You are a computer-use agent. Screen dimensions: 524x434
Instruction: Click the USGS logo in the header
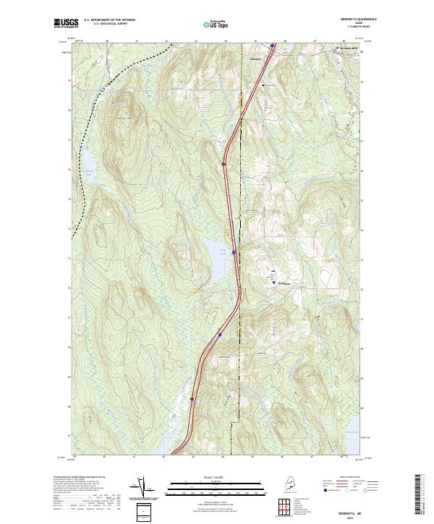tap(66, 23)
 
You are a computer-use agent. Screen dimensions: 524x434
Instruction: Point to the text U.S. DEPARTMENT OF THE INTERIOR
tap(109, 20)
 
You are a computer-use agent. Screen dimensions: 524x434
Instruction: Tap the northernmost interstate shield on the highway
tap(272, 46)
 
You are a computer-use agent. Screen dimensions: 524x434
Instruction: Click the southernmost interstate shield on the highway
tap(192, 398)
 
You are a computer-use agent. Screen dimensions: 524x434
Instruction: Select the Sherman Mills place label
tap(350, 49)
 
